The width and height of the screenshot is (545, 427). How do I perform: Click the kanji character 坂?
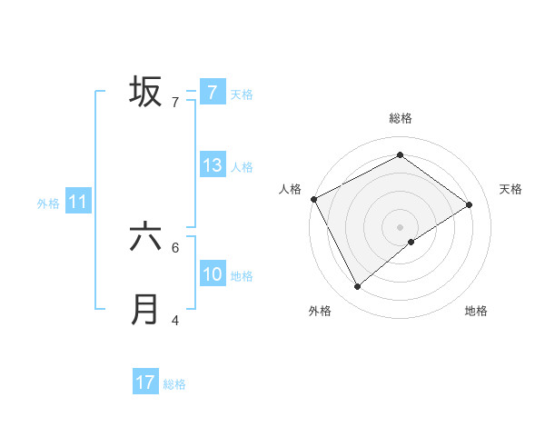145,92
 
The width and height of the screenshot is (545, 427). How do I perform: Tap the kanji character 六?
145,237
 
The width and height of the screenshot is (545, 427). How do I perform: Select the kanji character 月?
145,310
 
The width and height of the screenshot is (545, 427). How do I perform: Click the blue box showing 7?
212,93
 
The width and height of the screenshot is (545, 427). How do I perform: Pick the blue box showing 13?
212,165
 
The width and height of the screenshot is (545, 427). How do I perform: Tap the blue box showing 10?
212,274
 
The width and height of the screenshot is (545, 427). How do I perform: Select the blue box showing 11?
78,202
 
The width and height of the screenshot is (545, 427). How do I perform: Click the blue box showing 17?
145,382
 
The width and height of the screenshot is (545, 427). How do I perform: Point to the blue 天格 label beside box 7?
242,94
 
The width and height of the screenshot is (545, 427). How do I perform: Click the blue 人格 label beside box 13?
242,166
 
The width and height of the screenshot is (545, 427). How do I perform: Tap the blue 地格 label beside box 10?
242,275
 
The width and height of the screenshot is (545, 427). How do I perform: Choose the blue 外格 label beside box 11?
48,203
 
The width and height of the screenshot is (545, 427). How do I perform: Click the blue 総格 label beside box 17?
175,383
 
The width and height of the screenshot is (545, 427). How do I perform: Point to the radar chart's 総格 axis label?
401,118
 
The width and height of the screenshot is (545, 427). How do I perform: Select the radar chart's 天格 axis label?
511,189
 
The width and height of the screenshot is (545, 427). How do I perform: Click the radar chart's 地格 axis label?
476,311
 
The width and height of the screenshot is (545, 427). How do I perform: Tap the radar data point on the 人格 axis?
313,198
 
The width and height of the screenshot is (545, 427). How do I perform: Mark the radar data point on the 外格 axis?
357,287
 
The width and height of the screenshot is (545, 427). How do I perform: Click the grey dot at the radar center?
401,226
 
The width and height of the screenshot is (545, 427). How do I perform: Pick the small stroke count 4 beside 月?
175,320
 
